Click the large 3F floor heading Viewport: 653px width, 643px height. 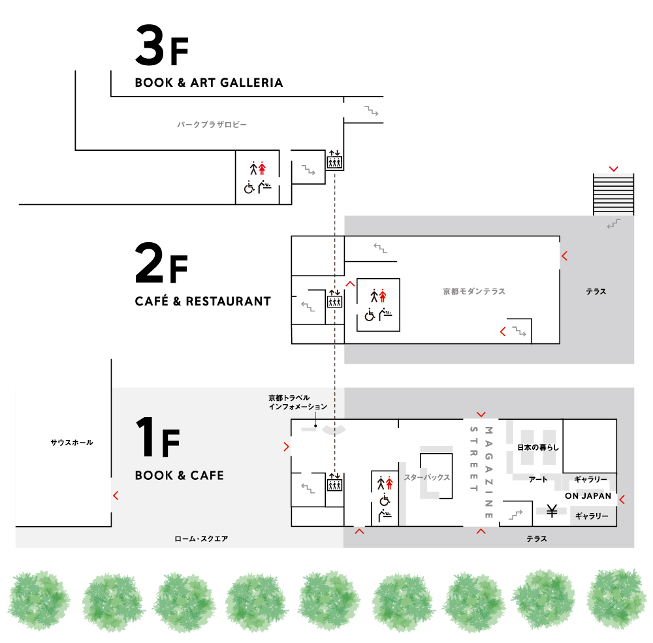point(162,45)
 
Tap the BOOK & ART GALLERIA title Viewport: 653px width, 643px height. point(209,82)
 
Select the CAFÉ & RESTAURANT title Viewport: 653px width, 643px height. point(203,301)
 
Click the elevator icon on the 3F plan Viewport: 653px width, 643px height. point(334,159)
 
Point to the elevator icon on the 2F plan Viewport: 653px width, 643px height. point(334,298)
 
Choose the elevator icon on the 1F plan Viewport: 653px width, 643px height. point(334,482)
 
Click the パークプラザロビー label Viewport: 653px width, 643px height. point(212,125)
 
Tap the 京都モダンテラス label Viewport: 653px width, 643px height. point(474,292)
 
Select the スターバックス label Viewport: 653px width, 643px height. point(427,477)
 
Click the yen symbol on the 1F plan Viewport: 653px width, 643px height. point(552,510)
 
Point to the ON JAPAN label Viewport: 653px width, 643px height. point(588,495)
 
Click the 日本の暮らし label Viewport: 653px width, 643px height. point(538,447)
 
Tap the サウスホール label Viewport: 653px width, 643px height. point(72,443)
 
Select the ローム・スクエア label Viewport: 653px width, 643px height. point(201,539)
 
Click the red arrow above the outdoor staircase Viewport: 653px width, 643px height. point(613,168)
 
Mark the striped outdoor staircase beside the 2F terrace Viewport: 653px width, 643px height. point(613,195)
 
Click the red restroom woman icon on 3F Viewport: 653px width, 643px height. point(262,168)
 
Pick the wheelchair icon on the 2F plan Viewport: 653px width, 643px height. point(370,315)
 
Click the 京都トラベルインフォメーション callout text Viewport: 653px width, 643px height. point(298,402)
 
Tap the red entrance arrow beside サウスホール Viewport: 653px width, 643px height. point(116,495)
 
